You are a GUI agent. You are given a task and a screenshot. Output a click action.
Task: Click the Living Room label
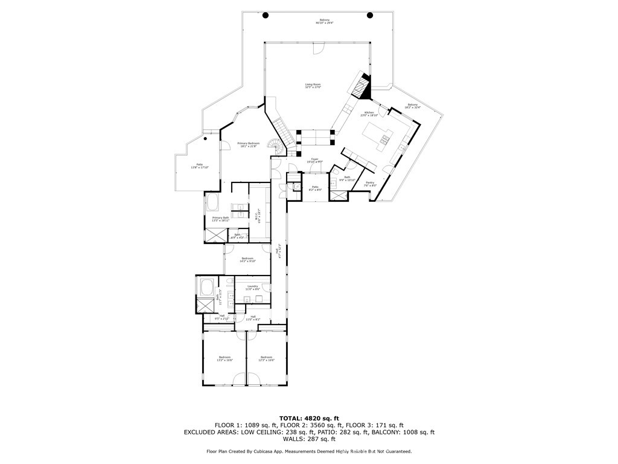(313, 86)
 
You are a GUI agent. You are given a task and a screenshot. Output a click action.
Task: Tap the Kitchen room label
(368, 113)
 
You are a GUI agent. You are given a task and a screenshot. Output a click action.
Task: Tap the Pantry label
(371, 184)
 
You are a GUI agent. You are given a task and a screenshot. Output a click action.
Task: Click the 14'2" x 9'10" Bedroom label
(247, 260)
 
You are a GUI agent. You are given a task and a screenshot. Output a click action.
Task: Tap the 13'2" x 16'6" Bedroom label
(225, 358)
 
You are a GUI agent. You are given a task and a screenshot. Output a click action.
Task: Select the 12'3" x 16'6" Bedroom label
(267, 358)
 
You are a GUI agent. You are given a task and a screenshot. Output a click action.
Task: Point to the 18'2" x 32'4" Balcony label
(413, 106)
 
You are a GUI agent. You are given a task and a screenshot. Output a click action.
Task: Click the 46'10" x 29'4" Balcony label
(325, 22)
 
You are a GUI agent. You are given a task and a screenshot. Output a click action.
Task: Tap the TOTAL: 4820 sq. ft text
(309, 418)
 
